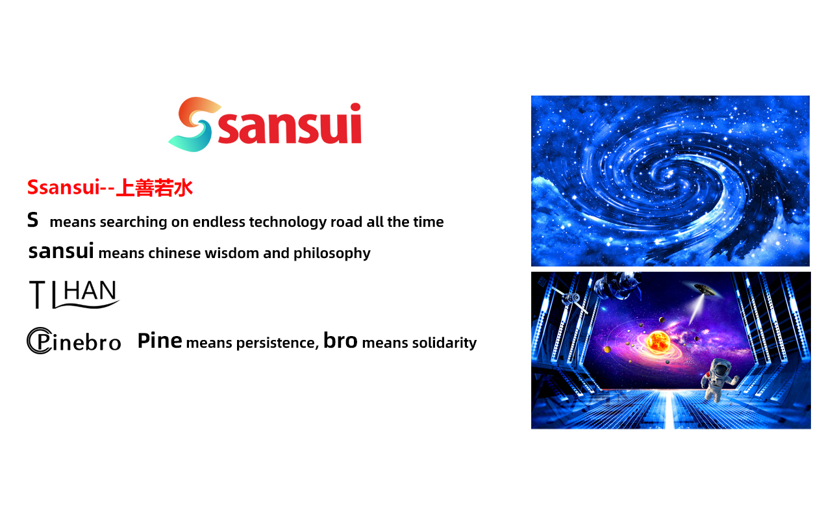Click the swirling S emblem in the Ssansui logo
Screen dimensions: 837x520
(194, 125)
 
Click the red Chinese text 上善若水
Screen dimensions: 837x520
(155, 188)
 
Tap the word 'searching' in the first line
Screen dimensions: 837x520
(133, 222)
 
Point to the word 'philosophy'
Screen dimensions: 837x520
(332, 253)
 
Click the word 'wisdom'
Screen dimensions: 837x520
(232, 253)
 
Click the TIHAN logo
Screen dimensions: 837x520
(74, 295)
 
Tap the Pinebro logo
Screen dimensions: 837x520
(74, 341)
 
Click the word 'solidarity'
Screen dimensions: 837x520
(444, 343)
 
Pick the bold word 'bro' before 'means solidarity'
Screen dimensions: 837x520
(340, 341)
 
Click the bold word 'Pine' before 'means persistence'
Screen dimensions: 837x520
(160, 341)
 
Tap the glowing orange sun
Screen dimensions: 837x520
(658, 341)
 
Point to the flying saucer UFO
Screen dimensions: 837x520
(705, 289)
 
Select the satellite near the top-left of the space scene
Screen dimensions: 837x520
(570, 299)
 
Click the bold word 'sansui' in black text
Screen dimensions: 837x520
(61, 251)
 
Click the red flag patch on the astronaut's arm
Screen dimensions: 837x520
(706, 375)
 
